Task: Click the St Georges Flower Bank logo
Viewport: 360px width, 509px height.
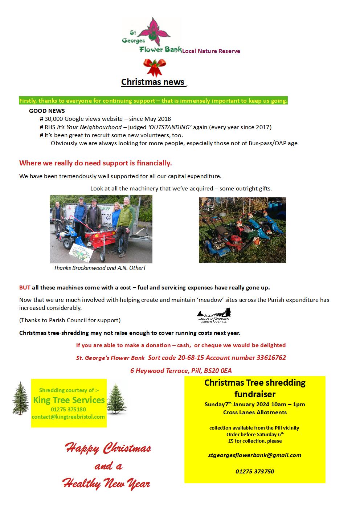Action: (152, 36)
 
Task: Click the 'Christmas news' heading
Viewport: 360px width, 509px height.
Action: (153, 82)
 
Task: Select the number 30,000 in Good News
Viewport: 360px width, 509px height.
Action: (53, 119)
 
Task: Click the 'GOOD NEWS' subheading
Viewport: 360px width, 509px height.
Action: (47, 111)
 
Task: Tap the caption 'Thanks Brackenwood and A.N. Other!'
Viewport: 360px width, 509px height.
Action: (99, 268)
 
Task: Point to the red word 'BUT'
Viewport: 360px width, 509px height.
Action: (25, 287)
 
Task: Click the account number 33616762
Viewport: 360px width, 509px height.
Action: (271, 357)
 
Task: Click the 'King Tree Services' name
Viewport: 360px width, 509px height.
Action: (69, 400)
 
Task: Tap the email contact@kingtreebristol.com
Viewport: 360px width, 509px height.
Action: (68, 416)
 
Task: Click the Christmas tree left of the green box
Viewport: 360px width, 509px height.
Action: (20, 398)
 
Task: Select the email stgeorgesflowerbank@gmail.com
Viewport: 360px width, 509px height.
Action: (255, 455)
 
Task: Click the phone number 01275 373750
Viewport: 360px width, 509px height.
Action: (255, 471)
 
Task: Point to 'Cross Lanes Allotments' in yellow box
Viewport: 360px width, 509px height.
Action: (255, 412)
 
